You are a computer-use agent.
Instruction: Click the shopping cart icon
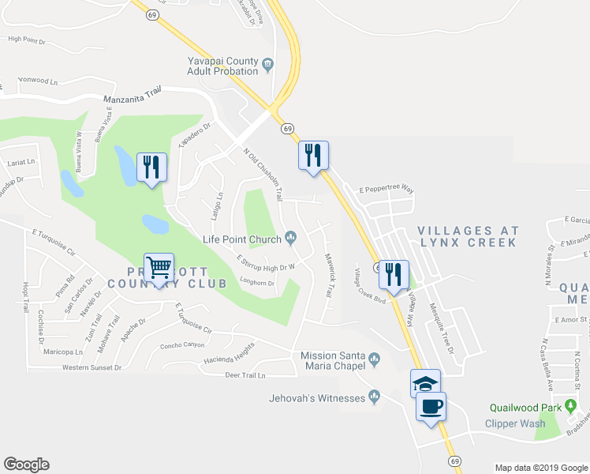tap(159, 269)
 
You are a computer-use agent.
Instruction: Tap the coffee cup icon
tap(431, 407)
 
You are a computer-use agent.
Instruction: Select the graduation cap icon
tap(425, 384)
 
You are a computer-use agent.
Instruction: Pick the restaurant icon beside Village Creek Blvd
tap(394, 275)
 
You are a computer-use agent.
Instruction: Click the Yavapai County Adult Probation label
tap(223, 66)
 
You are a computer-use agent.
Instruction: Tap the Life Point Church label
tap(242, 239)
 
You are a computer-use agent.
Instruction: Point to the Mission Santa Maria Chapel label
tap(333, 360)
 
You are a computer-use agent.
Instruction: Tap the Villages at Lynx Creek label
tap(468, 236)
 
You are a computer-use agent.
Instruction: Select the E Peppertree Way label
tap(386, 190)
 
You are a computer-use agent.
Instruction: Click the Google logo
tap(26, 465)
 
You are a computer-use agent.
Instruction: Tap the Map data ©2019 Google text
tap(540, 468)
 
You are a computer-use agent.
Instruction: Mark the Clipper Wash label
tap(517, 423)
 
